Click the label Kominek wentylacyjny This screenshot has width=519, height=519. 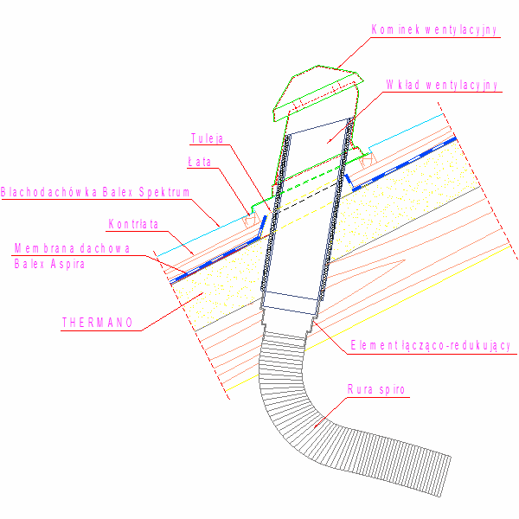pos(434,29)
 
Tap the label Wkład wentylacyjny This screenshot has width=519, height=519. pos(442,85)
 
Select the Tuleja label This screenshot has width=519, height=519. pos(207,138)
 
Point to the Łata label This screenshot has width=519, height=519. pos(199,162)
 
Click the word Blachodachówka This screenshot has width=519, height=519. pos(49,192)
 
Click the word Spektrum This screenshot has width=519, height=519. pos(164,192)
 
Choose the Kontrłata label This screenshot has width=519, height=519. pos(133,224)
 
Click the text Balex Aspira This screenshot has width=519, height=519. pos(49,264)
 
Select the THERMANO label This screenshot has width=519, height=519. pos(97,323)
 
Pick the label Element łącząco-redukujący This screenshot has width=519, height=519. pos(430,345)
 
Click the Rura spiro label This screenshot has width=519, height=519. pos(376,389)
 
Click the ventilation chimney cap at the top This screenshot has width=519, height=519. pos(317,93)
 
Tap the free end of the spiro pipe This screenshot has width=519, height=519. pos(445,477)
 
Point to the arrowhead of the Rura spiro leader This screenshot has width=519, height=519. pos(316,426)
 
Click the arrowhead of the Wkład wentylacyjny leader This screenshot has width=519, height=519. pos(329,141)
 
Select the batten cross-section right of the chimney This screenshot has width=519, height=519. pos(368,161)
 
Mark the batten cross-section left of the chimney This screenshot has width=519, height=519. pos(251,220)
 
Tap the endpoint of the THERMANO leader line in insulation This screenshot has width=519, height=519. pos(202,293)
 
